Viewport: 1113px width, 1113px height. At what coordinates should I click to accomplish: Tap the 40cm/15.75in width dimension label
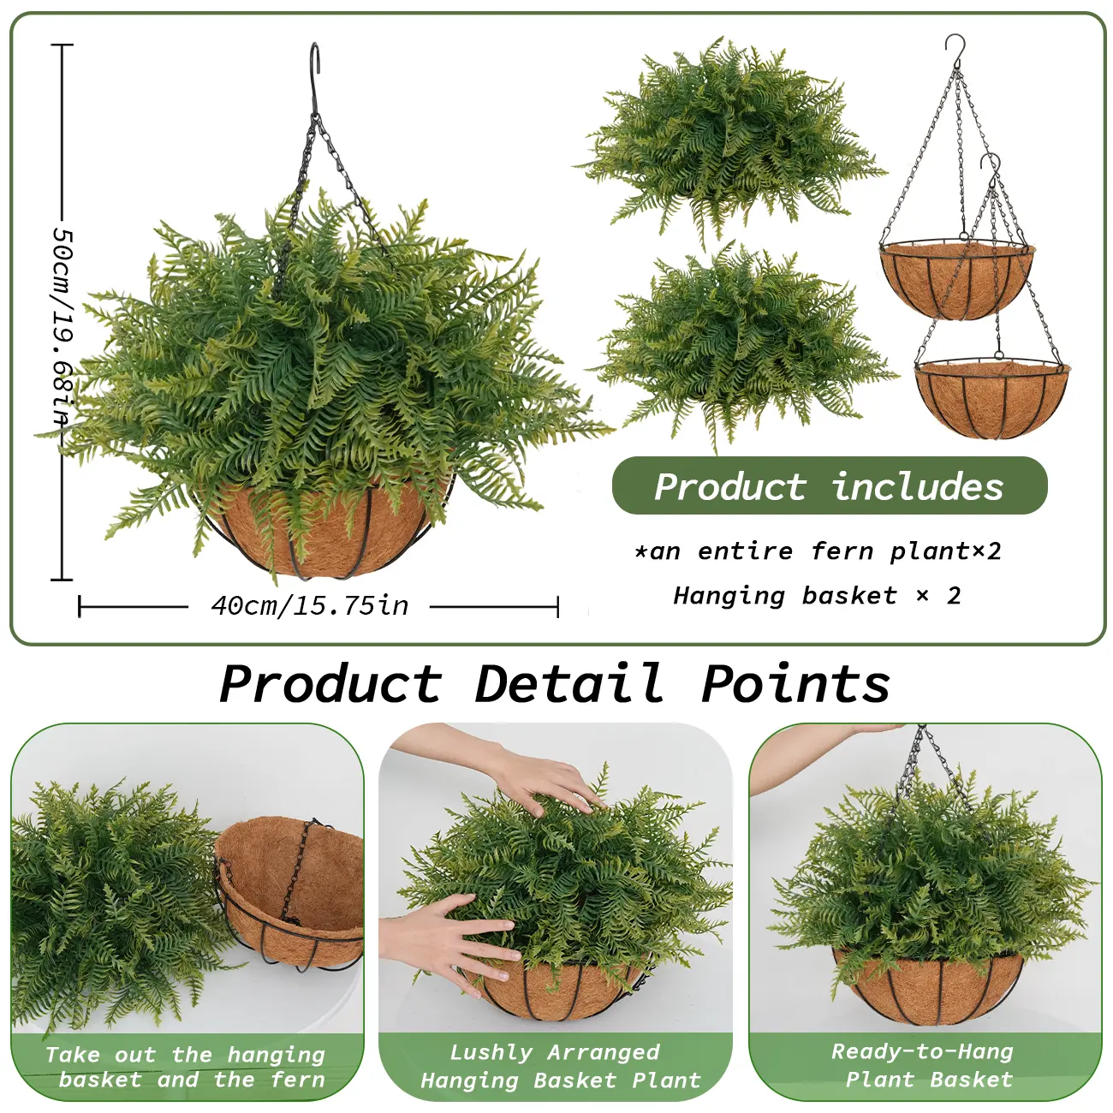[x=310, y=606]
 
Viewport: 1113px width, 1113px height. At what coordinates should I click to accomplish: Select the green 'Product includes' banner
[x=830, y=485]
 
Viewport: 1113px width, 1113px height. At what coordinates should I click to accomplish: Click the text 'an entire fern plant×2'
[x=818, y=551]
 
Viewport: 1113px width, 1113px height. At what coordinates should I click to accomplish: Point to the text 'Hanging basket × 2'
[x=817, y=596]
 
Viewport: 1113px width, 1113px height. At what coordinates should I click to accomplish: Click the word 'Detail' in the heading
[x=568, y=683]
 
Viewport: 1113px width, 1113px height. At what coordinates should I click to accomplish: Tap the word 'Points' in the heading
[x=796, y=683]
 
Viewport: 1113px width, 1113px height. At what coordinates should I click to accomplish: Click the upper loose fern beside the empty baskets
[x=730, y=139]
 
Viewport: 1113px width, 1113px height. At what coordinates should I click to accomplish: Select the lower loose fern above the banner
[x=745, y=347]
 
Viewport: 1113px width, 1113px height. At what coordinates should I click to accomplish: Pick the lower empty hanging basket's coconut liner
[x=991, y=398]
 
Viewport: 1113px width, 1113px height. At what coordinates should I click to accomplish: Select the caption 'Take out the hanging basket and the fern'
[x=186, y=1068]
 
